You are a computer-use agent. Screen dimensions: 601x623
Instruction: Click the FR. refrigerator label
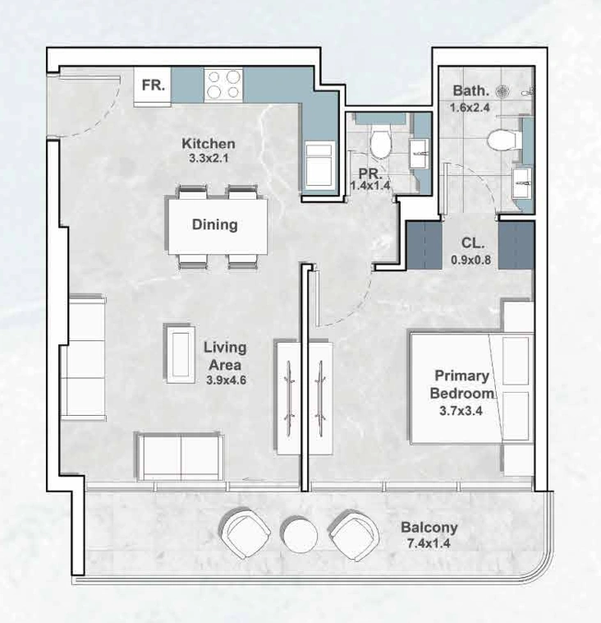pyautogui.click(x=154, y=85)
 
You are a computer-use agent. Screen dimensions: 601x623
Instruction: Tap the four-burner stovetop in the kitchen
pyautogui.click(x=224, y=85)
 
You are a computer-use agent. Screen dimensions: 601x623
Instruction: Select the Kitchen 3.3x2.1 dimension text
pyautogui.click(x=209, y=158)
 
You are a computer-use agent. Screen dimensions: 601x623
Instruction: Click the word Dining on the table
pyautogui.click(x=215, y=224)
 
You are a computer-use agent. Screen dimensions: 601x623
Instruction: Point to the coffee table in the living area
pyautogui.click(x=181, y=354)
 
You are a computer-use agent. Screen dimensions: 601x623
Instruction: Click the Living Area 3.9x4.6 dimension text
pyautogui.click(x=226, y=381)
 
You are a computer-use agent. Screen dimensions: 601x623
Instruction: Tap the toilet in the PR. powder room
pyautogui.click(x=381, y=143)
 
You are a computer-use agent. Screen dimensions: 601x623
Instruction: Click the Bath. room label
pyautogui.click(x=470, y=91)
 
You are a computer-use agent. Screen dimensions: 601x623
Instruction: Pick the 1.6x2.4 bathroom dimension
pyautogui.click(x=470, y=108)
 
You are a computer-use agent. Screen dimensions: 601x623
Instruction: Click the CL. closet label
pyautogui.click(x=473, y=243)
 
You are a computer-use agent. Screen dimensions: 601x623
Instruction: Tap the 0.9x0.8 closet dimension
pyautogui.click(x=470, y=261)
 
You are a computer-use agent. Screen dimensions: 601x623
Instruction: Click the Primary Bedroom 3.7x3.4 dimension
pyautogui.click(x=461, y=411)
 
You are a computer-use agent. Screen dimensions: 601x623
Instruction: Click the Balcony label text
pyautogui.click(x=429, y=528)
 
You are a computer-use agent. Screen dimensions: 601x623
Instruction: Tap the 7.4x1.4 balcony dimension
pyautogui.click(x=429, y=543)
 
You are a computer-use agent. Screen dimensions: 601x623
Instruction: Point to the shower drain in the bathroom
pyautogui.click(x=502, y=91)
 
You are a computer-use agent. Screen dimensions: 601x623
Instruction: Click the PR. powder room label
pyautogui.click(x=371, y=174)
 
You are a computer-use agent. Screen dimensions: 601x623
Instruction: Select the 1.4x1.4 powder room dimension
pyautogui.click(x=370, y=186)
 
